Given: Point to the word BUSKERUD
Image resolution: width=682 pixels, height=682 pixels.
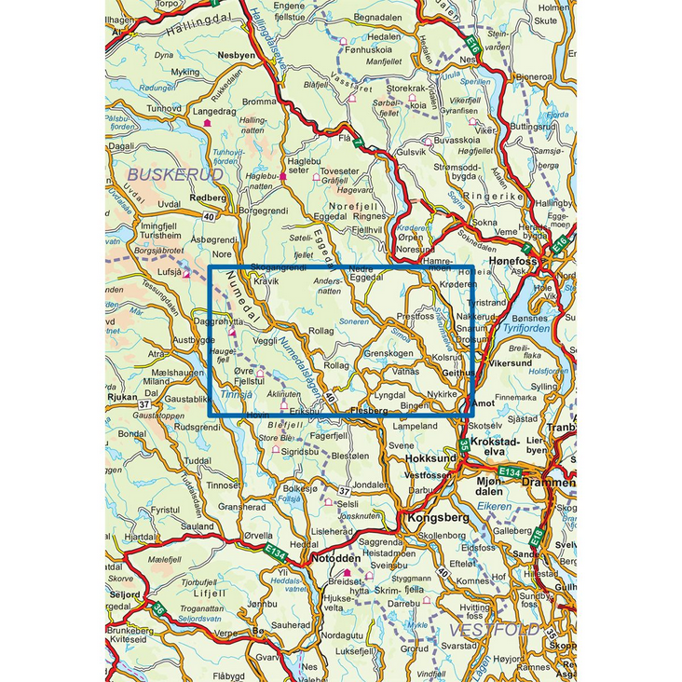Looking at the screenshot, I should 175,174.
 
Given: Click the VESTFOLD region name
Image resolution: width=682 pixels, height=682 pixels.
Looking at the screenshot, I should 508,630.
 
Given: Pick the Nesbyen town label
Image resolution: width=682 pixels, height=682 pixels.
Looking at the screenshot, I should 236,55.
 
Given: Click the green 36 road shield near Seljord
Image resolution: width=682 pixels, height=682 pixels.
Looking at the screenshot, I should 160,610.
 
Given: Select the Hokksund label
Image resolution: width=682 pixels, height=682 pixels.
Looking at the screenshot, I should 430,458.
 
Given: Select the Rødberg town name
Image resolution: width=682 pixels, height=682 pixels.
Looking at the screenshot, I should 207,198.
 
